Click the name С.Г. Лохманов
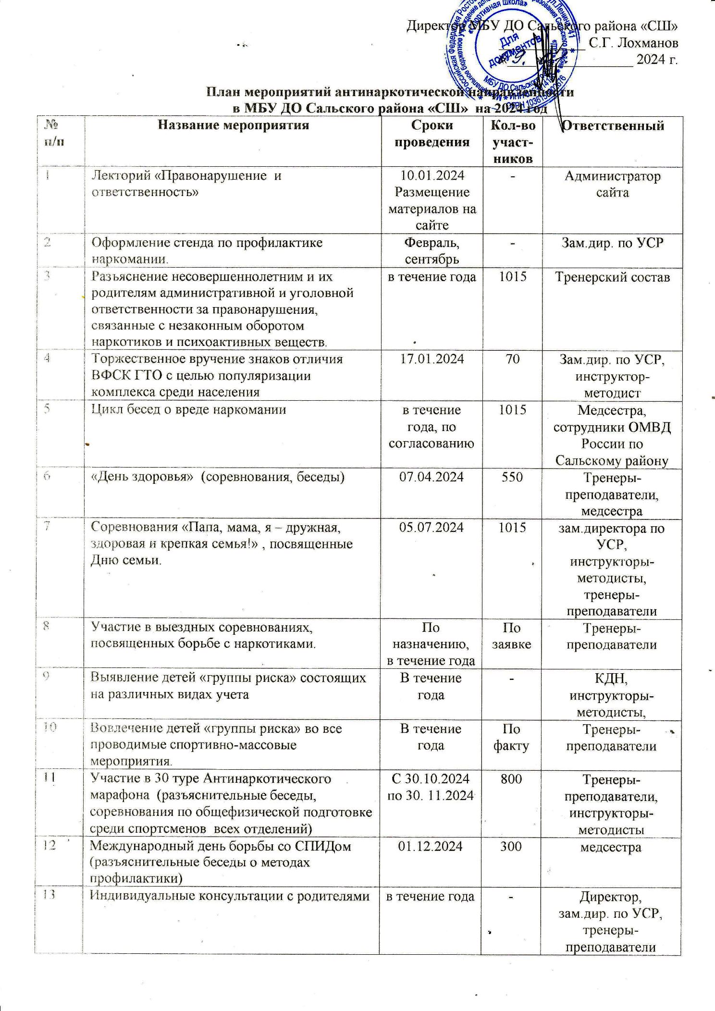pyautogui.click(x=633, y=43)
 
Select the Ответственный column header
pyautogui.click(x=613, y=126)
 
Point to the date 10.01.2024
pyautogui.click(x=432, y=176)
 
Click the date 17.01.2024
pyautogui.click(x=432, y=359)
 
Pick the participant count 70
pyautogui.click(x=512, y=359)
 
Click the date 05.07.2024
pyautogui.click(x=432, y=528)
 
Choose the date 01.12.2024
pyautogui.click(x=431, y=846)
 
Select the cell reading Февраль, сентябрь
pyautogui.click(x=432, y=251)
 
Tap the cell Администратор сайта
pyautogui.click(x=613, y=184)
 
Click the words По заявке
pyautogui.click(x=511, y=636)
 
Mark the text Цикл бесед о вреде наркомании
pyautogui.click(x=189, y=410)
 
